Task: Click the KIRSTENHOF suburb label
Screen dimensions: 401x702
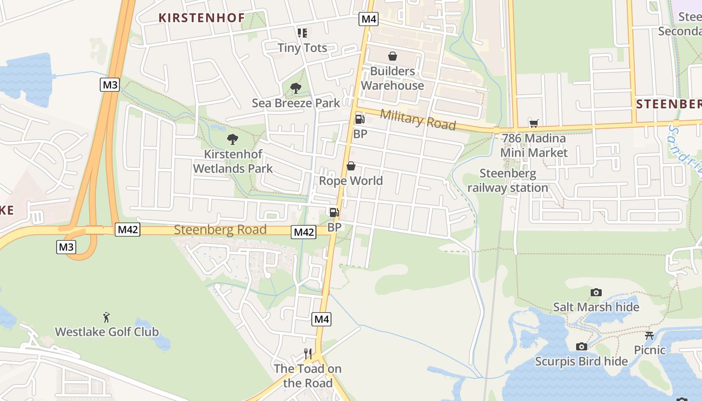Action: pos(202,18)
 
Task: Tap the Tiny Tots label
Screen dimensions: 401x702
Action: pos(302,48)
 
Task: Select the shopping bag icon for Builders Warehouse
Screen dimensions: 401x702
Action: pos(393,56)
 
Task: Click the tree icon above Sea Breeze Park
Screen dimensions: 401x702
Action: pos(296,88)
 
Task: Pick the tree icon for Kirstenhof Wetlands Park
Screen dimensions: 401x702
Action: pos(233,139)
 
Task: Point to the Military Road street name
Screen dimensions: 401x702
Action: pos(417,119)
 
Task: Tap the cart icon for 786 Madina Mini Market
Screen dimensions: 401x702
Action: pos(534,123)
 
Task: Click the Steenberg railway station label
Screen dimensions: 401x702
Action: pos(508,180)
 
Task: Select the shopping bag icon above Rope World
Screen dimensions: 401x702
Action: pos(351,166)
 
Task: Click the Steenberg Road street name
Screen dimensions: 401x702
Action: pos(220,230)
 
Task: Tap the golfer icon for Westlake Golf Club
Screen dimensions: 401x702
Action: pos(106,317)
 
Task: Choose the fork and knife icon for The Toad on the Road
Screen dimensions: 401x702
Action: pos(308,354)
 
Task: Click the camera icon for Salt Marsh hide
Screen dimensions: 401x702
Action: pos(596,292)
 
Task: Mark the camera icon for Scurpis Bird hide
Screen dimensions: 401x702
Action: pos(582,346)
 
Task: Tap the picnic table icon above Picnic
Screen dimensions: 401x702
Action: pos(649,335)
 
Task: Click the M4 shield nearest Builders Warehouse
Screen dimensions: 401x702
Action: pos(369,19)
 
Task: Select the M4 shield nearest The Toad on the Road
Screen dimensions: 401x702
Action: pos(322,319)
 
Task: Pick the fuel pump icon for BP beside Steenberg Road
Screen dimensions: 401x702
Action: pos(334,213)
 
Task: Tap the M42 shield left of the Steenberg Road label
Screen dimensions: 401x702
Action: pos(128,230)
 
